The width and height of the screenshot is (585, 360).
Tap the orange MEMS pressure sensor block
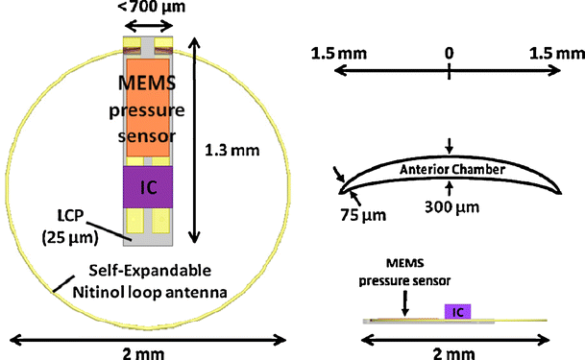149,106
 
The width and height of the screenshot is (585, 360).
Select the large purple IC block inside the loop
149,184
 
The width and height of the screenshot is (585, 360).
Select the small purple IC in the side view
459,311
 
